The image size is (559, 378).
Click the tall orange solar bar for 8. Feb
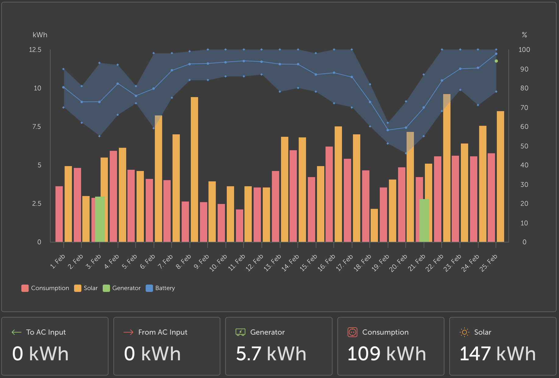click(194, 169)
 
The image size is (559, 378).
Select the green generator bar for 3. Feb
click(100, 219)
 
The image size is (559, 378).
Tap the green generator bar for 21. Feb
click(424, 220)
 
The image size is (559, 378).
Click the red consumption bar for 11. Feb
click(240, 226)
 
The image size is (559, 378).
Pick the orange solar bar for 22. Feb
click(447, 168)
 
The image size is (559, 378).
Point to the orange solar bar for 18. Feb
click(374, 225)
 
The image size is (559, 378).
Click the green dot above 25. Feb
click(496, 61)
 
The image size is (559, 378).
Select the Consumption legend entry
click(45, 288)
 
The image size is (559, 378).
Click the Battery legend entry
click(160, 288)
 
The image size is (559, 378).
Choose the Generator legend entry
click(122, 288)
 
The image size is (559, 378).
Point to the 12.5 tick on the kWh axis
click(35, 49)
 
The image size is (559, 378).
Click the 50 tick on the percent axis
click(524, 146)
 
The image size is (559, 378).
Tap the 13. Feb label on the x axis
click(272, 263)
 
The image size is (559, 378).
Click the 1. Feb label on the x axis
click(57, 262)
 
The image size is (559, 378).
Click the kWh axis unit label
click(40, 35)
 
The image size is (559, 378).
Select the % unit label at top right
click(524, 35)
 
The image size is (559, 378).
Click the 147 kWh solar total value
click(497, 354)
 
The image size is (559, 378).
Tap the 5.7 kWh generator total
click(271, 354)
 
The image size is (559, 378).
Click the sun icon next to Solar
click(464, 332)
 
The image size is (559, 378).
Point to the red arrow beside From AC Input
click(128, 332)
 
